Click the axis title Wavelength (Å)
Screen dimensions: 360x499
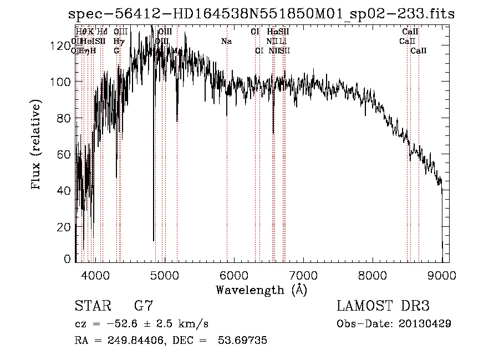click(261, 290)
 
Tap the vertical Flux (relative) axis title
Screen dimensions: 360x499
click(37, 145)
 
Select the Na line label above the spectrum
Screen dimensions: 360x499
click(226, 41)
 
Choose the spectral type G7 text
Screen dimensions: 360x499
click(144, 306)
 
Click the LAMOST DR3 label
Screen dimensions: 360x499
click(383, 306)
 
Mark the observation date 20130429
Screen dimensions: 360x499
click(424, 323)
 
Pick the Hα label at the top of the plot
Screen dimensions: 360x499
click(272, 32)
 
